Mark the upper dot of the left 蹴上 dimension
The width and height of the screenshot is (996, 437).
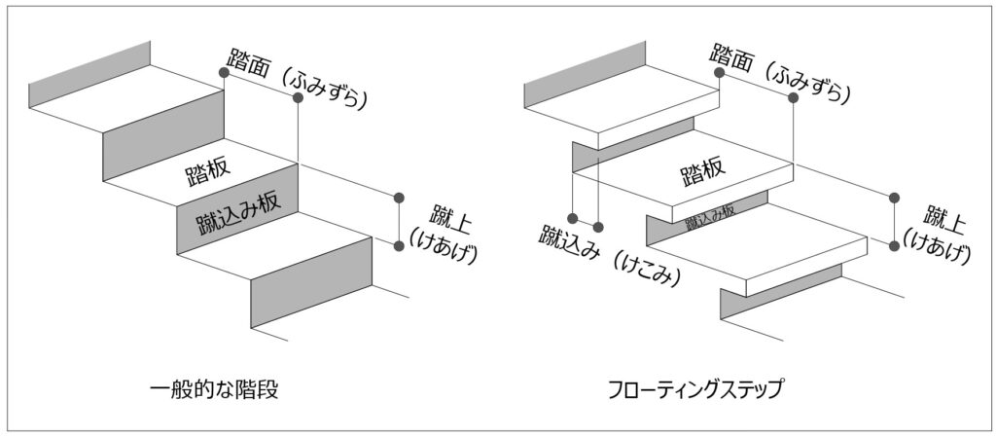[x=399, y=198]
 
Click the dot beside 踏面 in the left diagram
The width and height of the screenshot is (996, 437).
[x=225, y=72]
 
